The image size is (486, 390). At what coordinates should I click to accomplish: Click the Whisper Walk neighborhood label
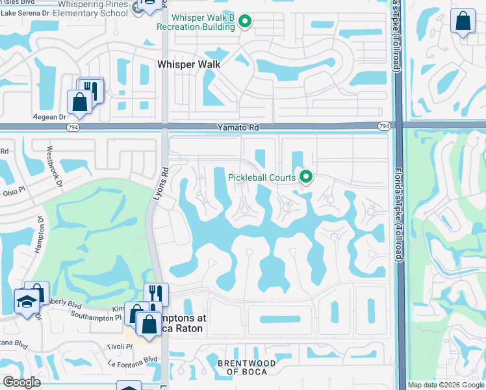[189, 64]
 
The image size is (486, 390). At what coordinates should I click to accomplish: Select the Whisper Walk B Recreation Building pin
[245, 22]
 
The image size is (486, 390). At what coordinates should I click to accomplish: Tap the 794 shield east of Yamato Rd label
[385, 126]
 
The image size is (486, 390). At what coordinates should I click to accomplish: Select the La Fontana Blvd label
[133, 359]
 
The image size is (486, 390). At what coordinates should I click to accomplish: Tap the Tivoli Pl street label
[120, 346]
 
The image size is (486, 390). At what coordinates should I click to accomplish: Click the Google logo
[22, 382]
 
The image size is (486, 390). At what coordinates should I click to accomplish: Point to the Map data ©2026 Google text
[445, 385]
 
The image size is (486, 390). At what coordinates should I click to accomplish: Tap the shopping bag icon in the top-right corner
[463, 21]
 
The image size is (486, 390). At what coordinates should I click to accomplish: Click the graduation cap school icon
[27, 300]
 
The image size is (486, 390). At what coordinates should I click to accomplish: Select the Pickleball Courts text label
[262, 177]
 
